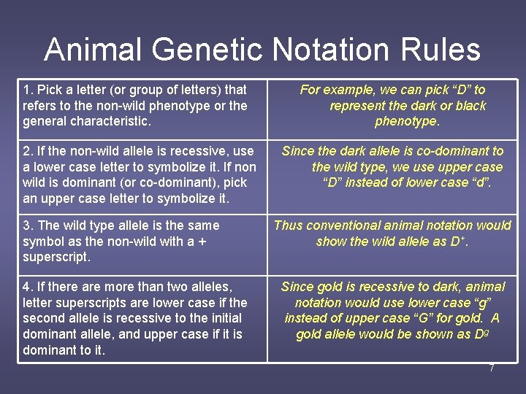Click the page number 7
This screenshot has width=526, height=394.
click(x=492, y=368)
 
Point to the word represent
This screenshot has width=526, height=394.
click(x=358, y=105)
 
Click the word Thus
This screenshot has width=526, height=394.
click(x=288, y=225)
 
